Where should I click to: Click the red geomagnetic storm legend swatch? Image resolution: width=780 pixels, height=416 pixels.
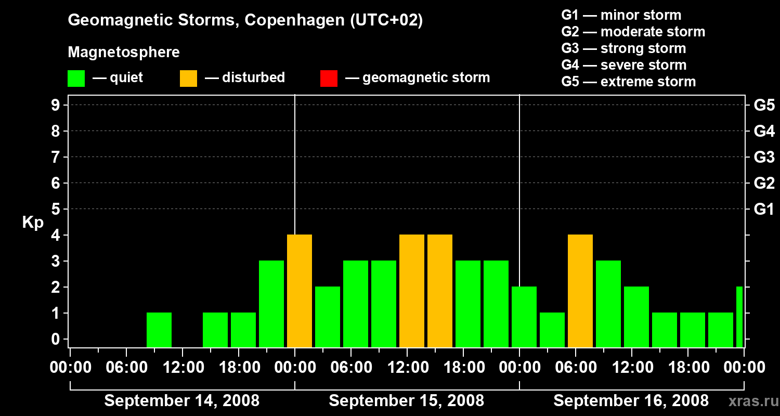[x=329, y=78]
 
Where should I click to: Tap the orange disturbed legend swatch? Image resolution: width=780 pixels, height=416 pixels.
[x=188, y=78]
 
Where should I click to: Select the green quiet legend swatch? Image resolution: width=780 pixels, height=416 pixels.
[x=76, y=78]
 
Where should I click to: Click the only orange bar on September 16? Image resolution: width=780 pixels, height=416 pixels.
[x=580, y=291]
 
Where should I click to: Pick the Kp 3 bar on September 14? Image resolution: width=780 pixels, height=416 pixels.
[x=271, y=304]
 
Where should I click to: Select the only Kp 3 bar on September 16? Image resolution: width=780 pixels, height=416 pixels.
[x=608, y=304]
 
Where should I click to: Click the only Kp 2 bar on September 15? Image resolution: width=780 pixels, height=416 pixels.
[x=328, y=317]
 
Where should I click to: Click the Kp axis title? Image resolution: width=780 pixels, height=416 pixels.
[x=33, y=223]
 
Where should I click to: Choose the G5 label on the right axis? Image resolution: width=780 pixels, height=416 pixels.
[x=764, y=106]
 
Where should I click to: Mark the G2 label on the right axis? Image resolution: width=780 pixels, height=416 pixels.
[x=764, y=183]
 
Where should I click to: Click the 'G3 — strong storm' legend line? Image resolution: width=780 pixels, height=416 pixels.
[x=623, y=48]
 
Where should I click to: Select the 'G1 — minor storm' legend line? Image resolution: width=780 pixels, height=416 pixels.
[x=621, y=15]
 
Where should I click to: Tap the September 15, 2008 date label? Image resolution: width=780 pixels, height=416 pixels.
[x=406, y=401]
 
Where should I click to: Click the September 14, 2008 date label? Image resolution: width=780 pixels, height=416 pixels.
[x=182, y=401]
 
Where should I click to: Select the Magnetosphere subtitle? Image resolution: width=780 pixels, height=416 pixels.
[x=124, y=53]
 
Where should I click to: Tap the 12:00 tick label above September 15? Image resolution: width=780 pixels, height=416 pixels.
[x=407, y=368]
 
